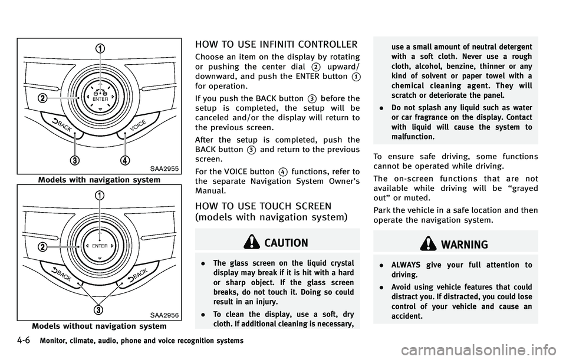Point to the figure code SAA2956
pos(165,315)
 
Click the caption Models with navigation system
pos(98,179)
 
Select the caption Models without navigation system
pos(99,325)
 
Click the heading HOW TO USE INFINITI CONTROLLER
pos(276,44)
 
